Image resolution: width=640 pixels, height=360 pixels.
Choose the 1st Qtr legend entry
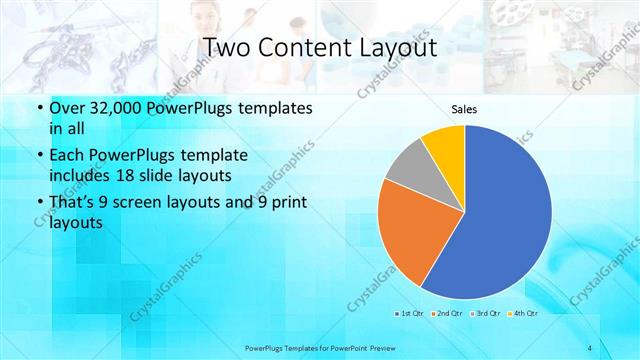click(x=411, y=313)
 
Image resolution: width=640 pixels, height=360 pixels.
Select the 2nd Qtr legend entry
click(x=446, y=313)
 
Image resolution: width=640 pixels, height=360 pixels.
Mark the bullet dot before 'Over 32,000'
click(x=39, y=108)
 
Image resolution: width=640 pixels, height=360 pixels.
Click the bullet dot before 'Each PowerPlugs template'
click(x=39, y=156)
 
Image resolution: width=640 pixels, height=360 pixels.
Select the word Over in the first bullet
click(x=66, y=107)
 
